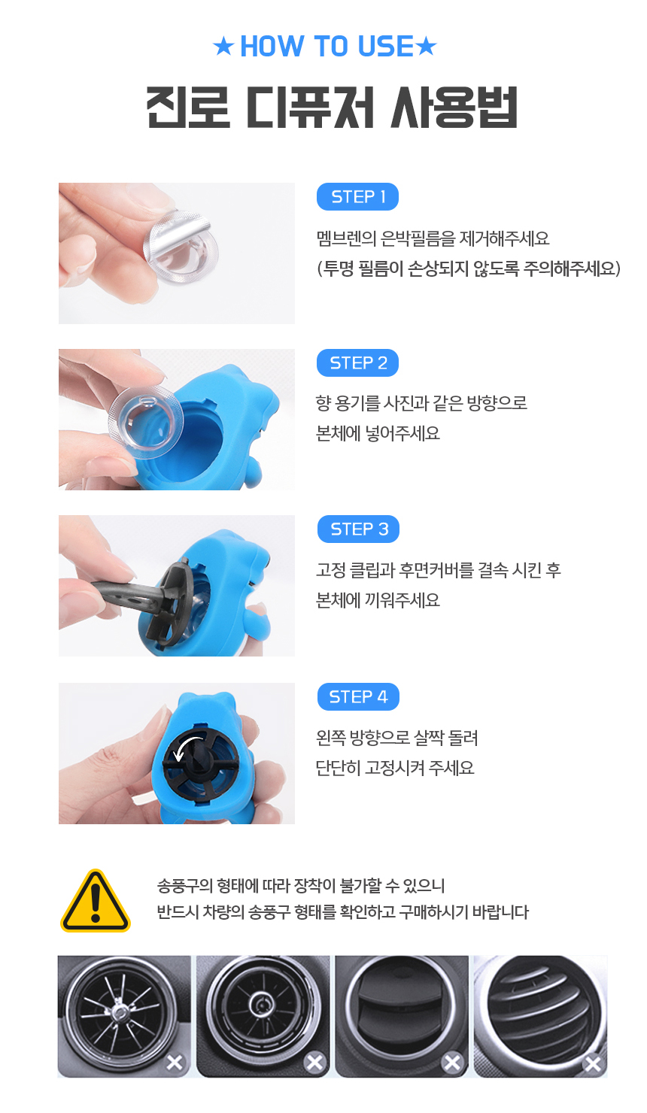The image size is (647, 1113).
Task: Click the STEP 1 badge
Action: pos(357,197)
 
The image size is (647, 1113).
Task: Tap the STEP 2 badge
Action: pos(357,362)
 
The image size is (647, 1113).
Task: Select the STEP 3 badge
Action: pos(358,529)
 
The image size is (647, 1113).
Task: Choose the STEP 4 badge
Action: pos(358,696)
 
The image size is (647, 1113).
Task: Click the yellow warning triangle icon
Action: pos(96,901)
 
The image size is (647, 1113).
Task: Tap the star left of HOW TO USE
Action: pos(223,47)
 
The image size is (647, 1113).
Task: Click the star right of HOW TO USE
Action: pos(426,47)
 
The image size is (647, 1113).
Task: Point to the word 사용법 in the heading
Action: pos(454,108)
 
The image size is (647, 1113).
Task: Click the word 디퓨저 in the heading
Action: pos(310,108)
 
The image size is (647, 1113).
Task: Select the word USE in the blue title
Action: pos(386,46)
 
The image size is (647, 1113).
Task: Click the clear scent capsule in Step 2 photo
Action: pos(146,417)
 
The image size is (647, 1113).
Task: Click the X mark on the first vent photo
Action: pos(175,1063)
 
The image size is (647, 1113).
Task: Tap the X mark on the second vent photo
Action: pos(314,1063)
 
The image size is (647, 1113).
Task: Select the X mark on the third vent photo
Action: pos(452,1063)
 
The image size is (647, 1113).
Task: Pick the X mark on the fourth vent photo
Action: pos(592,1064)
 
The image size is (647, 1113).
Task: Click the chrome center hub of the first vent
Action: pos(120,1011)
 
